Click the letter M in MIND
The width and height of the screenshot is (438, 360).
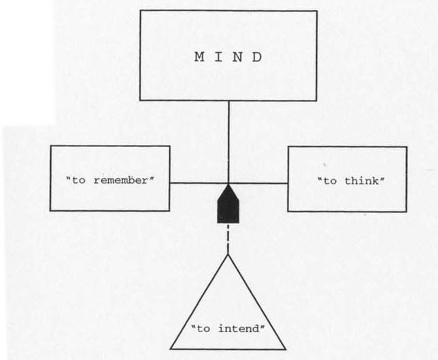(199, 57)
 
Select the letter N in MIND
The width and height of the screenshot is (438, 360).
(239, 57)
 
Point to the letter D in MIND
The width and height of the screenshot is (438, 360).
(258, 57)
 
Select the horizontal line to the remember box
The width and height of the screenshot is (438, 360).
(197, 183)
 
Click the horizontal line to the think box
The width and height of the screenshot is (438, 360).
(262, 183)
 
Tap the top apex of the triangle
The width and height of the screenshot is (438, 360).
(229, 255)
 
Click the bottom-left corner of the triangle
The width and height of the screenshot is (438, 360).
(169, 348)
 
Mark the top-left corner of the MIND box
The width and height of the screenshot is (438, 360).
(140, 11)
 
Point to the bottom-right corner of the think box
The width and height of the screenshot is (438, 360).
(407, 211)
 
